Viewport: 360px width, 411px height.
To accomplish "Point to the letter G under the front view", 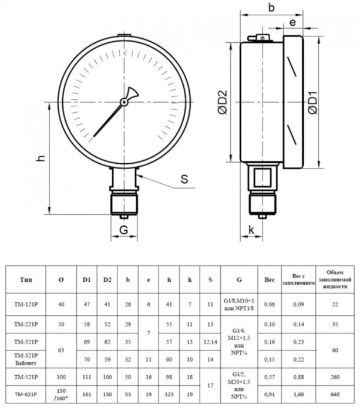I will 124,230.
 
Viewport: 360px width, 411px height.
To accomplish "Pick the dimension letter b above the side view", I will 271,8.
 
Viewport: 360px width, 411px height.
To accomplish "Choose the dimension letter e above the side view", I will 292,22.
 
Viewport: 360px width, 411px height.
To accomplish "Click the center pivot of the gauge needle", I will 124,102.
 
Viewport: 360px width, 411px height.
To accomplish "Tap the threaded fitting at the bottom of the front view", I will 124,203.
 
